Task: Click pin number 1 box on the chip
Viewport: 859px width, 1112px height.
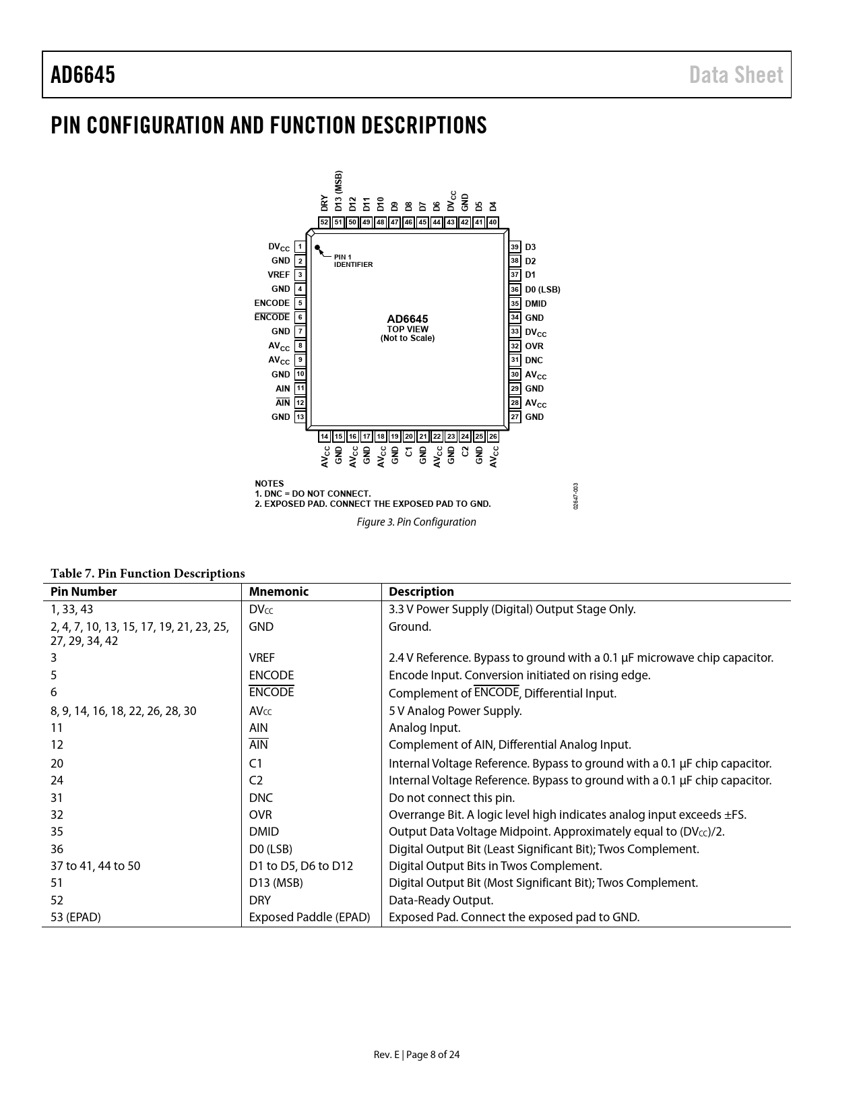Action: point(300,247)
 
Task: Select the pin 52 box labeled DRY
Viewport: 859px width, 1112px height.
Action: point(324,222)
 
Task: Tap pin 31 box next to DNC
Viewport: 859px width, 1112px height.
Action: point(515,360)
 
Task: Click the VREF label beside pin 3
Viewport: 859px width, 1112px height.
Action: point(278,275)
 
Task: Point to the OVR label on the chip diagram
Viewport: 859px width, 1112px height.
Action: point(534,346)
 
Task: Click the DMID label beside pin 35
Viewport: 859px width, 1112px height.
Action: point(536,304)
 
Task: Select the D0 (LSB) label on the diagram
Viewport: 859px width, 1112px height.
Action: point(542,290)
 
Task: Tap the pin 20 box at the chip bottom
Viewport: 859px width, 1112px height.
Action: point(409,437)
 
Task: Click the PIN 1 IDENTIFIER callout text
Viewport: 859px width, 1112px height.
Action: point(353,261)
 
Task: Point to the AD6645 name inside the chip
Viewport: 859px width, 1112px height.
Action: point(407,319)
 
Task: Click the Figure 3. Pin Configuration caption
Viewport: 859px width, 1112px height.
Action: point(416,522)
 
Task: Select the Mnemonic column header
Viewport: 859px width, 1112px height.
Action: point(278,592)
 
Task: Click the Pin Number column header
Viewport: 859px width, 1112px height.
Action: point(84,592)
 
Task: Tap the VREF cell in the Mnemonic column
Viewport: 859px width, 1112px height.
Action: point(261,658)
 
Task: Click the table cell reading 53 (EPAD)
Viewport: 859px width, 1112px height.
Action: point(75,917)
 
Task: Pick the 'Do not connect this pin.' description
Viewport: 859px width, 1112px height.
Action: point(451,798)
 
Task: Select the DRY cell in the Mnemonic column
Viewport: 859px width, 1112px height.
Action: point(259,900)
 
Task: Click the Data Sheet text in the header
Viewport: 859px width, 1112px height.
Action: point(736,75)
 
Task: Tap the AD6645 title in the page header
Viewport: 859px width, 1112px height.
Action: point(83,75)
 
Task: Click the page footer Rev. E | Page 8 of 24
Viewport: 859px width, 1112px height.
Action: point(416,1055)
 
